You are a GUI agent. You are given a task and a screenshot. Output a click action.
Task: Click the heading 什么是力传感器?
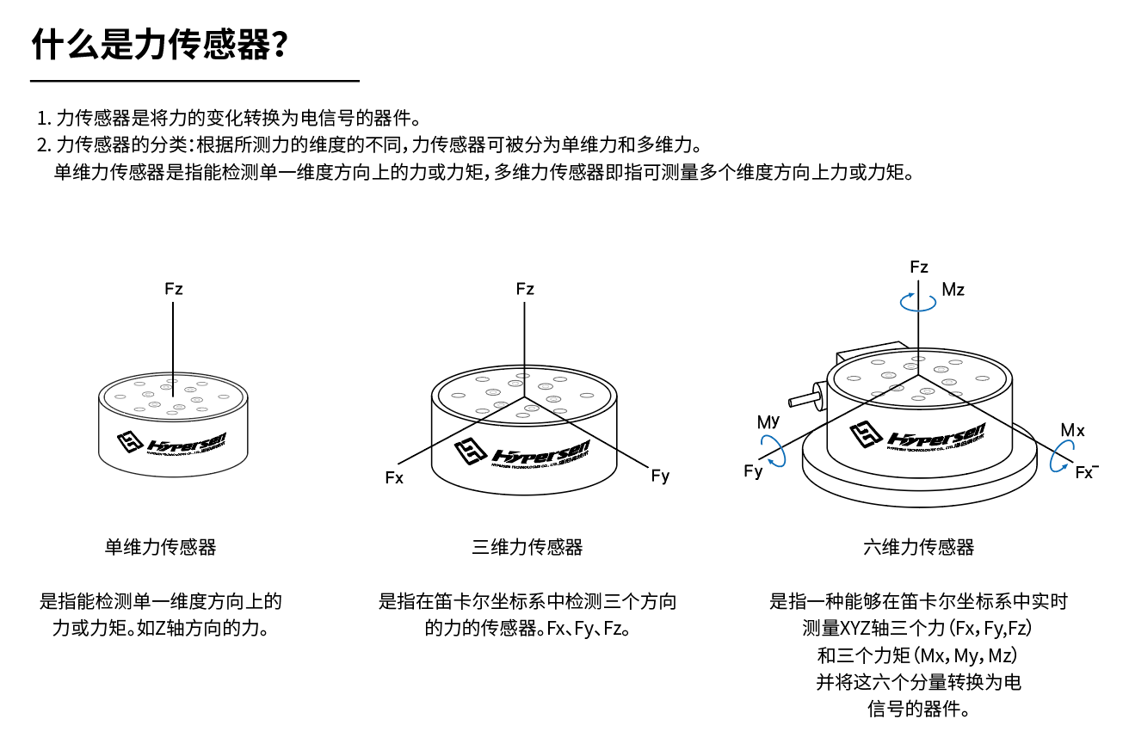pos(159,45)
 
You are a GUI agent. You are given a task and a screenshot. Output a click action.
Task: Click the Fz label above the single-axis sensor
pos(174,289)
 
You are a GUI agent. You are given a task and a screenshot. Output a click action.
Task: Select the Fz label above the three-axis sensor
pos(525,289)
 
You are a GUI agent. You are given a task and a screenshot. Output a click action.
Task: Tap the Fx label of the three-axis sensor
pos(394,478)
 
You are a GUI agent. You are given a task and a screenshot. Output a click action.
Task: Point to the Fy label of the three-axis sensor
pos(660,476)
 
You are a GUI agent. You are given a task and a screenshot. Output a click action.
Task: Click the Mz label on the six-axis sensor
pos(953,290)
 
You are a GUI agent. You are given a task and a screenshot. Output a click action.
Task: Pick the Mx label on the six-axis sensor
pos(1072,430)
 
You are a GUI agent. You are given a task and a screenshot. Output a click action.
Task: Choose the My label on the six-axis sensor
pos(768,421)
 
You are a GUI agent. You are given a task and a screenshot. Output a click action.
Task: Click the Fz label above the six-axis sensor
pos(919,267)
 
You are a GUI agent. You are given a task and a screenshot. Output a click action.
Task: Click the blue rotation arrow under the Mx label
pos(1062,457)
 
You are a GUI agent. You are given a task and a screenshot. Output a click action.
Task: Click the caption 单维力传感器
pos(161,547)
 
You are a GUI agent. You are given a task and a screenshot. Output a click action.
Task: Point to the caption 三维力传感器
pos(527,547)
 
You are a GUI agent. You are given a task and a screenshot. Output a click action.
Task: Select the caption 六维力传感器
pos(919,547)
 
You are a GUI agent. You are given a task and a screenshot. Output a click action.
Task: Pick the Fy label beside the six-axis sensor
pos(753,471)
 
